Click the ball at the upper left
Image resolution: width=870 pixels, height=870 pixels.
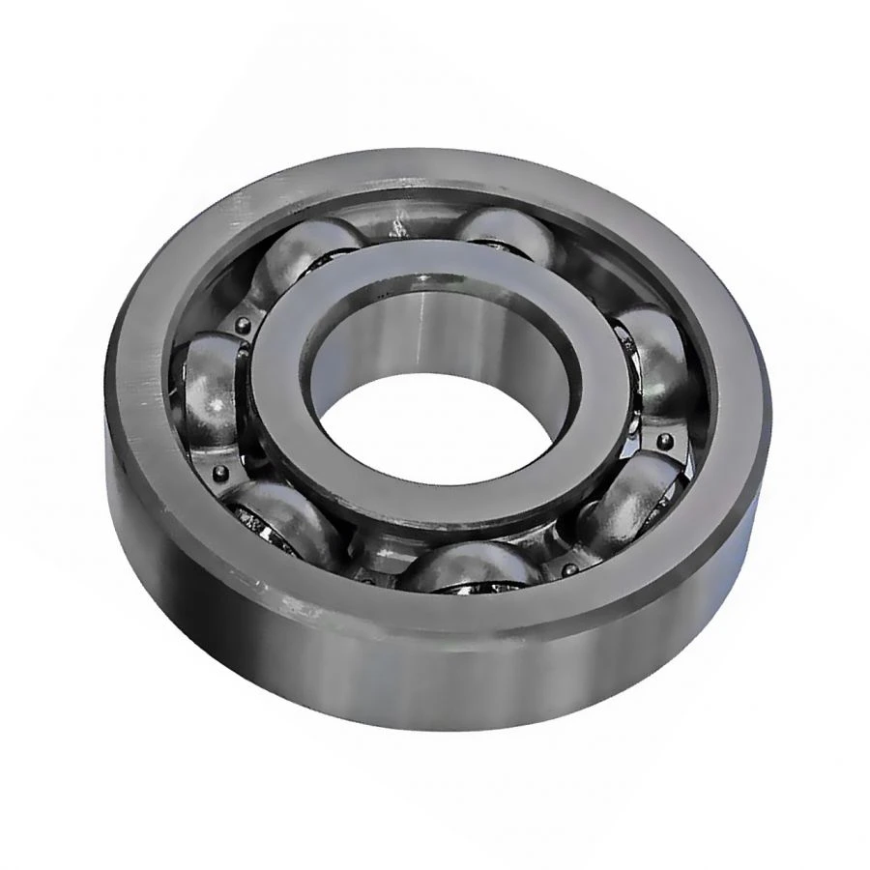[x=307, y=253]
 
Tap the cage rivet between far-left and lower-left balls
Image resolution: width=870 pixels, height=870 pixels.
[x=219, y=473]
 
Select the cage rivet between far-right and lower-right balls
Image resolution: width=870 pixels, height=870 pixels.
[x=665, y=443]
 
